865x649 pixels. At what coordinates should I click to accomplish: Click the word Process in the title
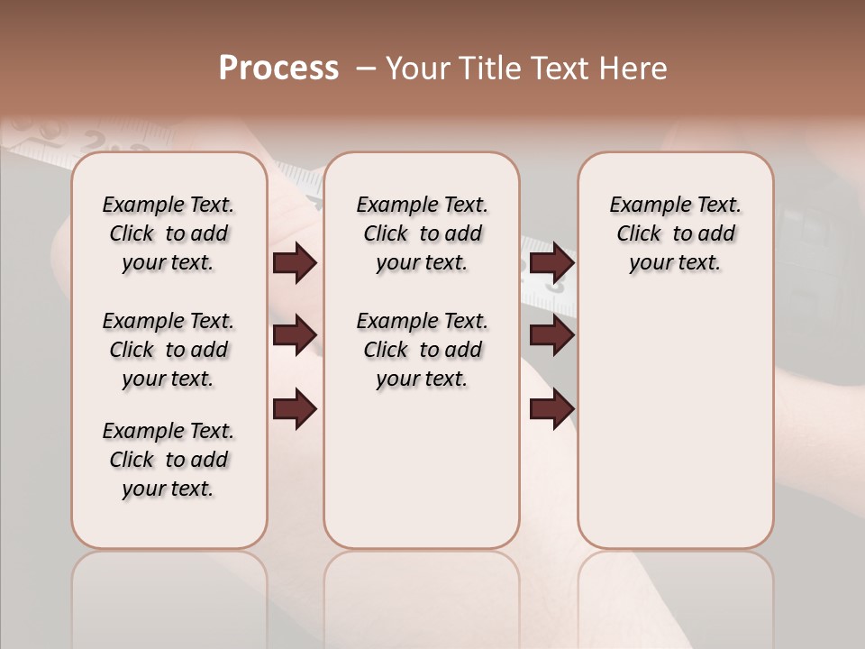coord(278,69)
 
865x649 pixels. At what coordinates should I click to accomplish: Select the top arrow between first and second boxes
coord(295,263)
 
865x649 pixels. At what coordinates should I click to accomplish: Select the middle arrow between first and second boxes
coord(295,335)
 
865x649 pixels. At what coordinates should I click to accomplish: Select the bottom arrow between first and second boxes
coord(295,408)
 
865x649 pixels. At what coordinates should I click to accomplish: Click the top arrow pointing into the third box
coord(551,262)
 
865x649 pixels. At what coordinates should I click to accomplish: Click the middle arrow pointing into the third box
coord(551,335)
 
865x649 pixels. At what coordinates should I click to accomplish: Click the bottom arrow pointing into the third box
coord(551,408)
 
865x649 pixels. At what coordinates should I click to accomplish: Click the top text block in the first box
coord(168,233)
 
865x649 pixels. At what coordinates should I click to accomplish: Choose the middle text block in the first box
coord(168,350)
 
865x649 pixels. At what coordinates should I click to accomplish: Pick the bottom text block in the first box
coord(168,460)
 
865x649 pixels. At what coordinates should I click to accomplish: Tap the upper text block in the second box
coord(422,233)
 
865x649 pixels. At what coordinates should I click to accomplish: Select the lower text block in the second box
coord(422,350)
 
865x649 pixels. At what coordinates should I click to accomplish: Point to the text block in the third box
coord(676,233)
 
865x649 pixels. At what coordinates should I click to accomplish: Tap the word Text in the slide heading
coord(558,69)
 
